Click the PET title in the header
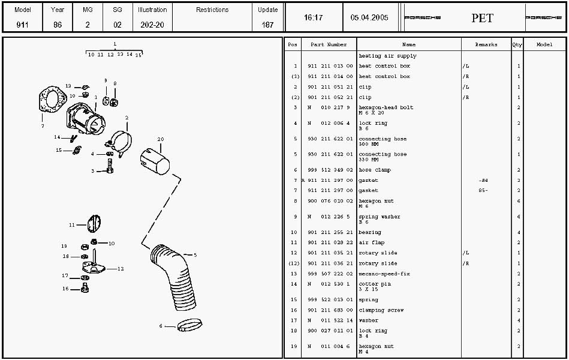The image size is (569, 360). pos(482,18)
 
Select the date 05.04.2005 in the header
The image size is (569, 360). pos(369,18)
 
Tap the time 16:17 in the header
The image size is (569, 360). pos(313,18)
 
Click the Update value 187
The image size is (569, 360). pos(268,25)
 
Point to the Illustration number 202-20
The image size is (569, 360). pos(152,25)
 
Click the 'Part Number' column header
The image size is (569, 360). pos(329,45)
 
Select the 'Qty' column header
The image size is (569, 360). pos(517,45)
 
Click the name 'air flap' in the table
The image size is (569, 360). pos(372,243)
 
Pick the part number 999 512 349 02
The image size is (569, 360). pos(330,170)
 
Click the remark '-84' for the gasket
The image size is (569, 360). pos(483,181)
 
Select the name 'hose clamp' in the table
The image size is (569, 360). pos(375,170)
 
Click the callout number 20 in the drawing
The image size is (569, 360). pos(160,139)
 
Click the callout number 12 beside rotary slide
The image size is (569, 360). pos(121,269)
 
